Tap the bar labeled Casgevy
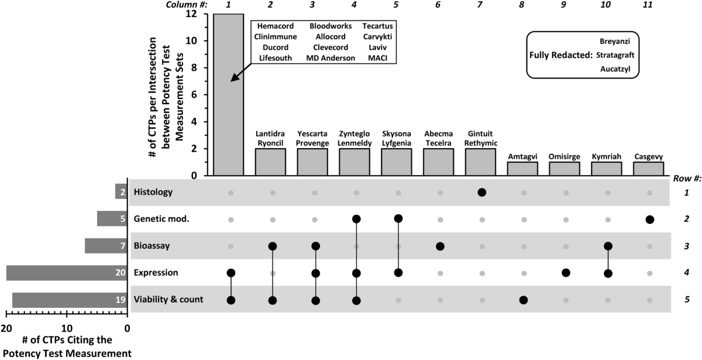[x=649, y=169]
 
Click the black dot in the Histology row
[x=481, y=192]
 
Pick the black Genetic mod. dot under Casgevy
[x=649, y=220]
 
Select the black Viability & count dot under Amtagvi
[x=524, y=300]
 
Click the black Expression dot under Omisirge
[x=566, y=273]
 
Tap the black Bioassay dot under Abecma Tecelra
[x=440, y=246]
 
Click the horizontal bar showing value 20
[x=67, y=273]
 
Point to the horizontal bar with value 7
[x=106, y=246]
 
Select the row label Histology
[x=153, y=192]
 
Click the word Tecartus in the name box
[x=377, y=27]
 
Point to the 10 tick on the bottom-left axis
[x=67, y=328]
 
